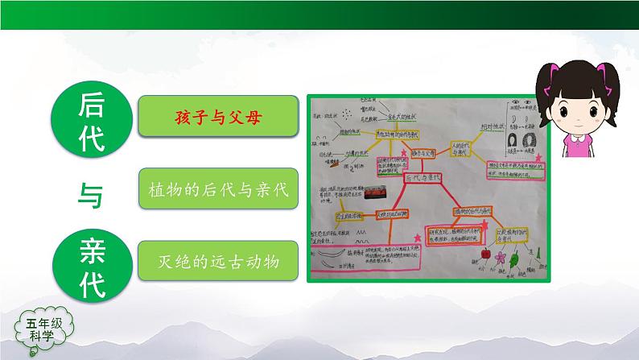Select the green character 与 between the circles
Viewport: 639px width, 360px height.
click(x=90, y=192)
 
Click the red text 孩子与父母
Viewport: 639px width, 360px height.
click(x=214, y=117)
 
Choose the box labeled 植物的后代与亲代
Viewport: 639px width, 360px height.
click(x=214, y=188)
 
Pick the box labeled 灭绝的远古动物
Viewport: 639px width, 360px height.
click(x=214, y=260)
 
